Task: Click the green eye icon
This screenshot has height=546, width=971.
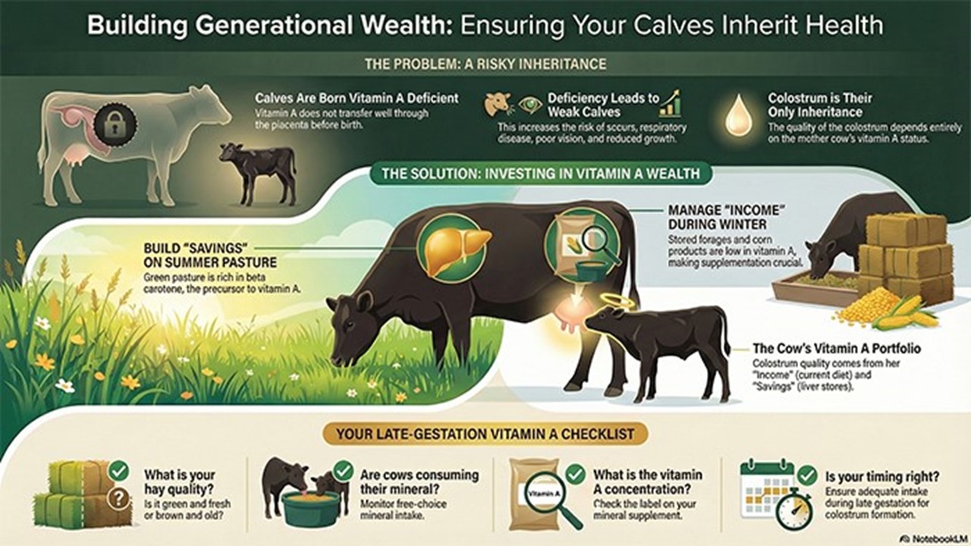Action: coord(529,105)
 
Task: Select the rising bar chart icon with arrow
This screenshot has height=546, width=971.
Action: coord(670,104)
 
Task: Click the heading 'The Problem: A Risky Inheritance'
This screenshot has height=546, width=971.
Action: coord(485,64)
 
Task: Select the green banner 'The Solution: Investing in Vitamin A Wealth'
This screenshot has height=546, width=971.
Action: coord(541,174)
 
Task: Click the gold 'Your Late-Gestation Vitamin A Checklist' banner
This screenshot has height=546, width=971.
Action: coord(485,434)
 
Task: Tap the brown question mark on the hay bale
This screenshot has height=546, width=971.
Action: coord(118,499)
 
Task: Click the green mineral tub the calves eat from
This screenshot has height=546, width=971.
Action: coord(310,509)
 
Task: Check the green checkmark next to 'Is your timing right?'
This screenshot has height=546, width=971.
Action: coord(807,475)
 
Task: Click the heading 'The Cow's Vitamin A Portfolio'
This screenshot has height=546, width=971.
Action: coord(837,348)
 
